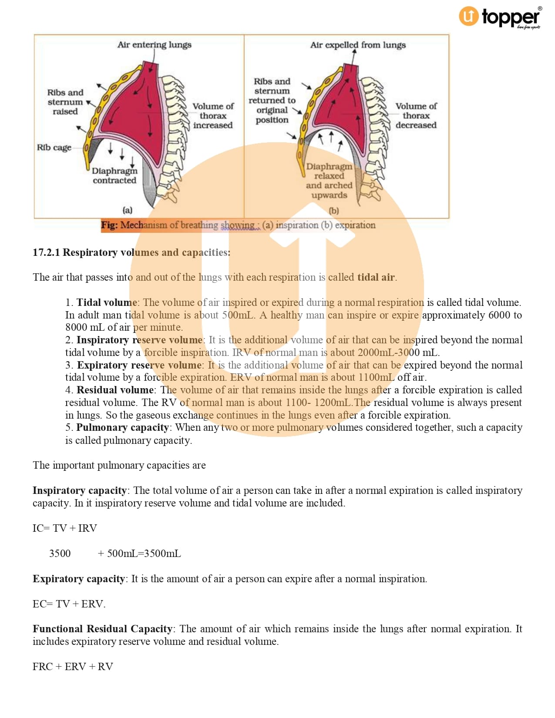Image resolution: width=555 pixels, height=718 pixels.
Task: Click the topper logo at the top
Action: click(x=500, y=17)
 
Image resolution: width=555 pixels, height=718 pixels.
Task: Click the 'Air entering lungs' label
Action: click(x=154, y=45)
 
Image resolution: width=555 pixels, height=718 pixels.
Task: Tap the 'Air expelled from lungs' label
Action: click(x=357, y=45)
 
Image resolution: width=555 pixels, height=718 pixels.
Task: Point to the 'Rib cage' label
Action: click(x=54, y=148)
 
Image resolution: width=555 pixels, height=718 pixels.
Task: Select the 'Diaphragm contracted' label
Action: click(x=114, y=175)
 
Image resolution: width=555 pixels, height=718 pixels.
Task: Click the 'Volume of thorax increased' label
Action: click(x=213, y=116)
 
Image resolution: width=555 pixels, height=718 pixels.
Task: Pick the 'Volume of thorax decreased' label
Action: click(x=416, y=116)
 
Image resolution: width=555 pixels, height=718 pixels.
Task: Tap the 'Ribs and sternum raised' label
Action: click(x=65, y=102)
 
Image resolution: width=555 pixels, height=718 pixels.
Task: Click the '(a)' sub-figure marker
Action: click(x=127, y=210)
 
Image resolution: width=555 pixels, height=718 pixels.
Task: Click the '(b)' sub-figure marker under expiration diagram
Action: click(x=333, y=211)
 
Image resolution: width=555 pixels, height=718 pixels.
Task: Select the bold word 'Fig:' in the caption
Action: click(x=109, y=225)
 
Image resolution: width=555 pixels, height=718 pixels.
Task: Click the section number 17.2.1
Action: click(x=46, y=252)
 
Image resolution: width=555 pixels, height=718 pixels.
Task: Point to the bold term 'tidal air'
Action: click(x=376, y=277)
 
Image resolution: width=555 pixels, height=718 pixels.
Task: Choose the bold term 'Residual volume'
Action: click(x=115, y=390)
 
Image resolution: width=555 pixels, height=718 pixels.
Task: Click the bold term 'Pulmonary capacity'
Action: click(x=122, y=427)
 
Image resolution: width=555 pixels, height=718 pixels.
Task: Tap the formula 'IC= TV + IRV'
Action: click(x=65, y=528)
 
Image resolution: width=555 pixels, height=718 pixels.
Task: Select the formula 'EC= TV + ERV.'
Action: click(x=69, y=604)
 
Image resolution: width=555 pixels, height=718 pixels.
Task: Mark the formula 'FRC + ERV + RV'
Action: click(x=73, y=667)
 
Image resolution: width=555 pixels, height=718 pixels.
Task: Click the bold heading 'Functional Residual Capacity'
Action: click(x=103, y=629)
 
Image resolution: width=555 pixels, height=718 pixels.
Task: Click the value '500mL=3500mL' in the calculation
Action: click(x=144, y=554)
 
